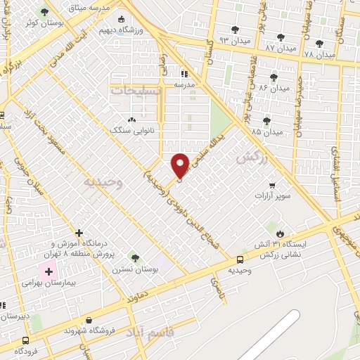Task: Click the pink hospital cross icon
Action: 49,271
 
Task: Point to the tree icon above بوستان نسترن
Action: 135,258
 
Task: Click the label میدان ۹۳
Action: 234,41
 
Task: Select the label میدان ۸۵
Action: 266,131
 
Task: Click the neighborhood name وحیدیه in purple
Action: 98,181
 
